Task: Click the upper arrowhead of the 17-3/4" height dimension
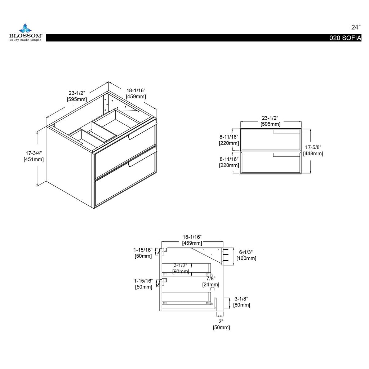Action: point(37,132)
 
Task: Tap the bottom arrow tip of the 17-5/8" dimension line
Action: point(310,173)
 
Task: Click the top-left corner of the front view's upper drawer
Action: point(241,129)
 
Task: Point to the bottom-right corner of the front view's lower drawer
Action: point(301,174)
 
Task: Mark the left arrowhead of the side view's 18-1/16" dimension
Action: point(163,241)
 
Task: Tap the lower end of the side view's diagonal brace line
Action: point(222,263)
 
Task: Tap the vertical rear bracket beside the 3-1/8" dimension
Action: point(215,303)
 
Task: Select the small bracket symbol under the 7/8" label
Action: point(212,289)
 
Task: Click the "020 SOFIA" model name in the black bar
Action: point(345,38)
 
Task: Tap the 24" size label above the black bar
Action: point(356,27)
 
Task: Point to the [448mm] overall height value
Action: point(313,154)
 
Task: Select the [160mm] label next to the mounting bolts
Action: point(246,258)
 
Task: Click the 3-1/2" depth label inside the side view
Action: point(180,266)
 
